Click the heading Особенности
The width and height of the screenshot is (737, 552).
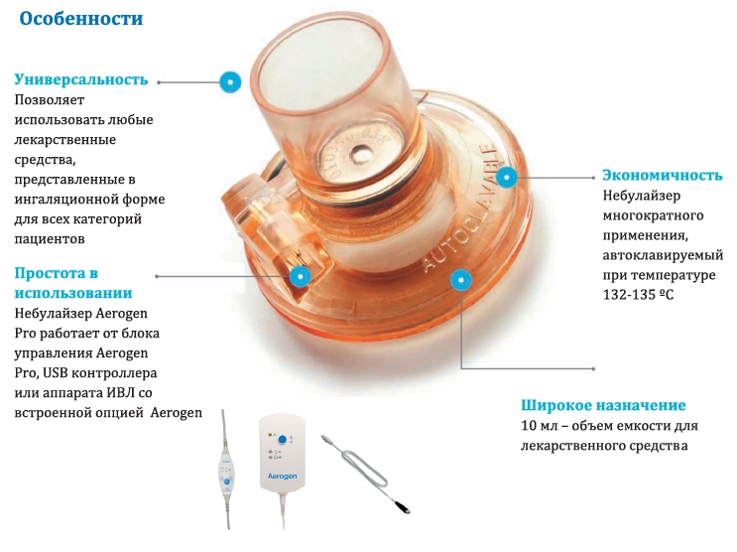pyautogui.click(x=81, y=19)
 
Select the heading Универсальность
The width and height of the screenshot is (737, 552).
pyautogui.click(x=81, y=79)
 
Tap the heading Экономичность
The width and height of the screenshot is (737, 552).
pyautogui.click(x=663, y=175)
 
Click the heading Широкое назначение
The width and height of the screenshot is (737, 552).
pyautogui.click(x=603, y=405)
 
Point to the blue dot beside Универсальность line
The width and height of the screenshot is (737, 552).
pyautogui.click(x=230, y=81)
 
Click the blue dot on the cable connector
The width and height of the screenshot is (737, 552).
pyautogui.click(x=301, y=276)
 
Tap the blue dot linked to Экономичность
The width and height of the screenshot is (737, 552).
pyautogui.click(x=506, y=178)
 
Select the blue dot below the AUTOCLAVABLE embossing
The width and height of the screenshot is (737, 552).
pyautogui.click(x=460, y=280)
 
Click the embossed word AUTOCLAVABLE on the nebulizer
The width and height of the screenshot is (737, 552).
pyautogui.click(x=459, y=207)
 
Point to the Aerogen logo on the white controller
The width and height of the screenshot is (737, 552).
pyautogui.click(x=282, y=476)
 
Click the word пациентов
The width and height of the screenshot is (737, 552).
pyautogui.click(x=50, y=239)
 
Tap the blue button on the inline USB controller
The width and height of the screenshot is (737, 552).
pyautogui.click(x=227, y=482)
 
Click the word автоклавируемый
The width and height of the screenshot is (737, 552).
pyautogui.click(x=663, y=255)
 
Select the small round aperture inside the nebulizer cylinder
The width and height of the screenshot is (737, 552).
pyautogui.click(x=361, y=152)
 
